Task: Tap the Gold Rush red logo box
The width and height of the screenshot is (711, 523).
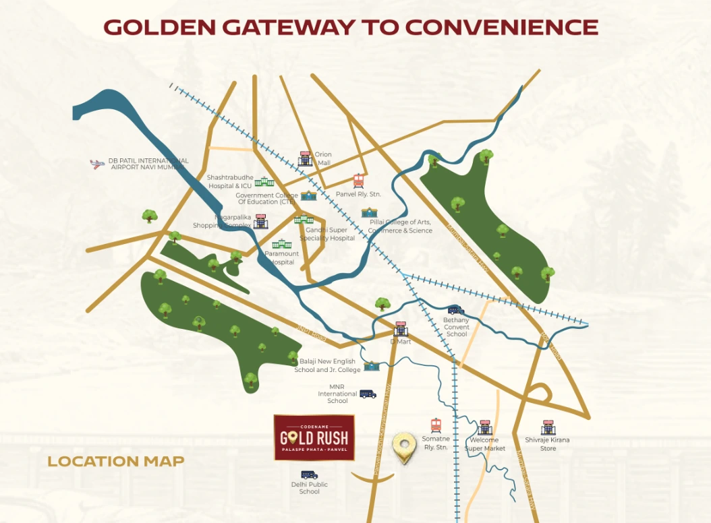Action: pos(314,437)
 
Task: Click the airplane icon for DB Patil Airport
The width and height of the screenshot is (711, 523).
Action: pos(98,164)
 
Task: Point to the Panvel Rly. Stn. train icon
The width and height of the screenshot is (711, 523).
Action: pos(359,181)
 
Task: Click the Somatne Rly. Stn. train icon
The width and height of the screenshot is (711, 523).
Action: pos(436,426)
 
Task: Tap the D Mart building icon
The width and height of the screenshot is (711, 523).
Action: pos(401,328)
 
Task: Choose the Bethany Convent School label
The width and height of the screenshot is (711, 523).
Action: pos(457,327)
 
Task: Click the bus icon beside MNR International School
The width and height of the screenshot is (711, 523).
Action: pos(368,394)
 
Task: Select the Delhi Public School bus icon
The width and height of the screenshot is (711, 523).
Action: pos(309,475)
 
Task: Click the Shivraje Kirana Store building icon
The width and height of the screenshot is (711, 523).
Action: pos(548,427)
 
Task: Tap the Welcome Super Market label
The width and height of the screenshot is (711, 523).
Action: pos(484,444)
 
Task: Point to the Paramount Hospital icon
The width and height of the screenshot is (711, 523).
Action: pos(280,244)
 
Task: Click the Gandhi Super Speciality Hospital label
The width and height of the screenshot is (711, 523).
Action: pos(327,234)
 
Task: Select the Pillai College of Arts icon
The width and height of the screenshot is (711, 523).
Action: pos(369,212)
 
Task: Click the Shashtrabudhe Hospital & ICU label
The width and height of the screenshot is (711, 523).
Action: pos(229,182)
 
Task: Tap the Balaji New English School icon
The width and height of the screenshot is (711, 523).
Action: pos(371,366)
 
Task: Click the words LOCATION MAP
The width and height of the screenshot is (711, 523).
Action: pos(115,462)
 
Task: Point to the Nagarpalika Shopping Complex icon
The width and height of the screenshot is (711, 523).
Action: pos(260,222)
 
